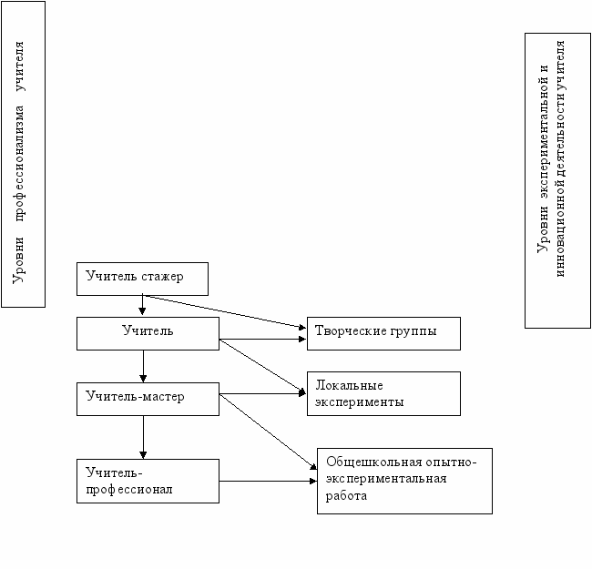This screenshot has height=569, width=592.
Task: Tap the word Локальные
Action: (x=349, y=385)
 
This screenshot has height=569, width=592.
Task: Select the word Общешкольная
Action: (x=373, y=462)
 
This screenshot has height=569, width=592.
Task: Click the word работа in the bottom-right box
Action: (x=346, y=495)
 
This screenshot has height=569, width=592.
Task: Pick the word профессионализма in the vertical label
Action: (x=19, y=163)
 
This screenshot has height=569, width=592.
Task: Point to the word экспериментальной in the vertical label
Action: (x=543, y=132)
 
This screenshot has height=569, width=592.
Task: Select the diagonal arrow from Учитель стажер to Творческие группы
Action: (x=224, y=311)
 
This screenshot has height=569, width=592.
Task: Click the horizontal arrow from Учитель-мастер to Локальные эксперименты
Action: (x=263, y=393)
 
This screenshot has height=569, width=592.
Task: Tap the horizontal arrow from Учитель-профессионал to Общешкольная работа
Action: (x=268, y=481)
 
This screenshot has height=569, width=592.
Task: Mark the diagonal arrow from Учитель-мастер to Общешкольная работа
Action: (x=268, y=432)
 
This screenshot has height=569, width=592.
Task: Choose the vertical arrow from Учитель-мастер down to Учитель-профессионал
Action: (x=143, y=437)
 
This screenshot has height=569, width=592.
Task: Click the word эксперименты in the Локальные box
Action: (x=360, y=402)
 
